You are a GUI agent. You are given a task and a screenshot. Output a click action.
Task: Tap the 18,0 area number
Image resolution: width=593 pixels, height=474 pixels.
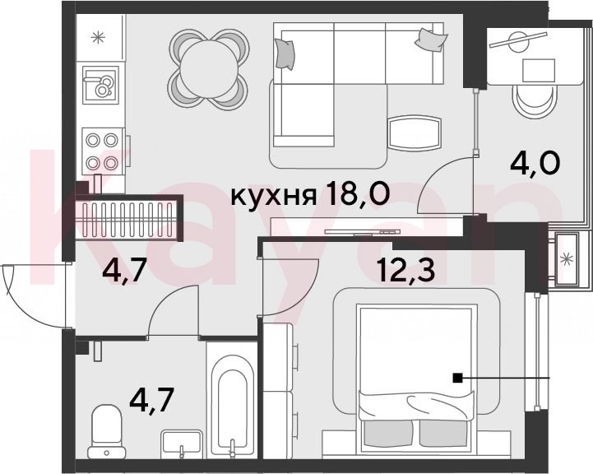point(358,193)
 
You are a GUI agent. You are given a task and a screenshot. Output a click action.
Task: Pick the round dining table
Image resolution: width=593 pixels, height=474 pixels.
point(210,70)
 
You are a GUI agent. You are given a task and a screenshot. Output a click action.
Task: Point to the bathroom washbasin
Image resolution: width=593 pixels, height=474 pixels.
point(181,444)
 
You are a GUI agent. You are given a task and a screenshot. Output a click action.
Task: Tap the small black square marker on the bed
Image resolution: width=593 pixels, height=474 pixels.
point(457,378)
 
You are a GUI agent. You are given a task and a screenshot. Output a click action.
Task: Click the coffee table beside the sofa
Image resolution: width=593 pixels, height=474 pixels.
point(415,133)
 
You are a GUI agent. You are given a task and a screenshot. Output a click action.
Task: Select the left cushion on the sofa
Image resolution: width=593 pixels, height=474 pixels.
point(285,54)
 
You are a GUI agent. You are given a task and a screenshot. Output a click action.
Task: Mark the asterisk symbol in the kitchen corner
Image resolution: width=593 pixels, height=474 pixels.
point(98,38)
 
